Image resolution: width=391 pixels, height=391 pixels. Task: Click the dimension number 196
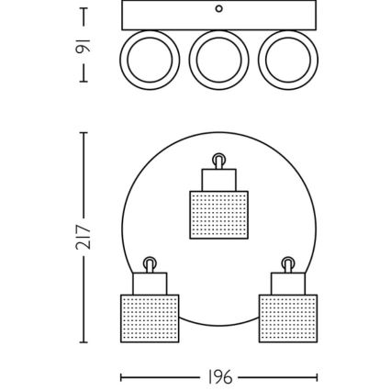[220, 376]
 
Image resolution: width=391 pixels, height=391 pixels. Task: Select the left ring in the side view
[151, 60]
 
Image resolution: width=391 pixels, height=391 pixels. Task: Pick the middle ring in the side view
[219, 60]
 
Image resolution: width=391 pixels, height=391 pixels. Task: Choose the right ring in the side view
[287, 60]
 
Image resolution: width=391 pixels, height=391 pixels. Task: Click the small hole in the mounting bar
[218, 9]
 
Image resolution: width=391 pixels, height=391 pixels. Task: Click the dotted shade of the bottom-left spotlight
[150, 318]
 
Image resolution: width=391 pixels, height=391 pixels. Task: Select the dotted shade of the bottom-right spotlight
[287, 318]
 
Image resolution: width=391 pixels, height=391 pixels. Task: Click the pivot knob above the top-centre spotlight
[218, 161]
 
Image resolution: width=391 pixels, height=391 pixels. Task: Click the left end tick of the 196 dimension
[122, 376]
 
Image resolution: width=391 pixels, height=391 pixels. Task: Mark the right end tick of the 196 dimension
[317, 376]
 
